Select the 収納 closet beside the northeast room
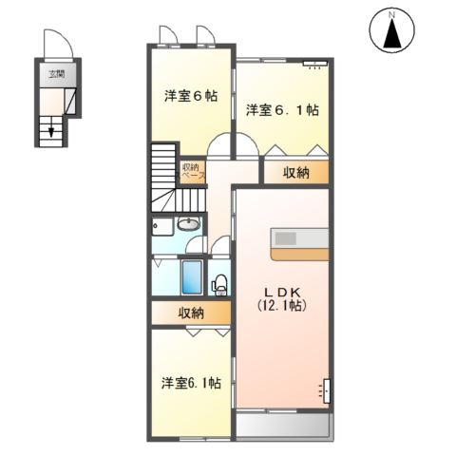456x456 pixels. click(x=295, y=172)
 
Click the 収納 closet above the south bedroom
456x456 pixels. click(x=190, y=313)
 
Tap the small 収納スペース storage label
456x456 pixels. click(x=192, y=172)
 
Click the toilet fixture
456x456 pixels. click(x=219, y=283)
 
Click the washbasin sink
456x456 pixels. click(x=188, y=226)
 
